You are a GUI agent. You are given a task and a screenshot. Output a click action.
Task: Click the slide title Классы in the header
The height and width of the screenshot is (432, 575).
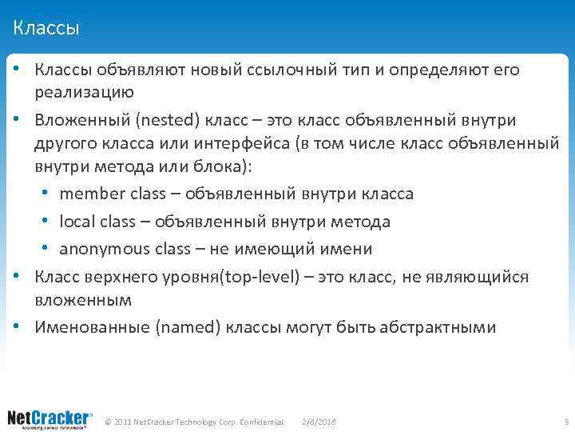tap(46, 30)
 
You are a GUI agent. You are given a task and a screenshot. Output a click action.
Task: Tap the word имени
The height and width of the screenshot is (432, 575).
tap(348, 249)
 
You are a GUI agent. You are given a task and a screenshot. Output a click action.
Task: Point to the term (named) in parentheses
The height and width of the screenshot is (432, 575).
tap(188, 327)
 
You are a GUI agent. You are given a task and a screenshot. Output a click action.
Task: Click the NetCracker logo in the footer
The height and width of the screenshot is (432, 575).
tap(50, 418)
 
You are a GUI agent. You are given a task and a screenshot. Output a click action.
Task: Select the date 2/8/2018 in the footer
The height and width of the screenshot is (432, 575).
tap(319, 422)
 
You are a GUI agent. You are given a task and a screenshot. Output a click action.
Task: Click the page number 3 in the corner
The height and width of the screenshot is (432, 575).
tap(565, 422)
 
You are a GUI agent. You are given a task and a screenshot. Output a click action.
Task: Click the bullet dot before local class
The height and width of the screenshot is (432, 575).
tap(51, 222)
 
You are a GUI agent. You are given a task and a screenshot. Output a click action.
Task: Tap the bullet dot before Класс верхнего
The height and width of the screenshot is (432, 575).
tap(17, 277)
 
